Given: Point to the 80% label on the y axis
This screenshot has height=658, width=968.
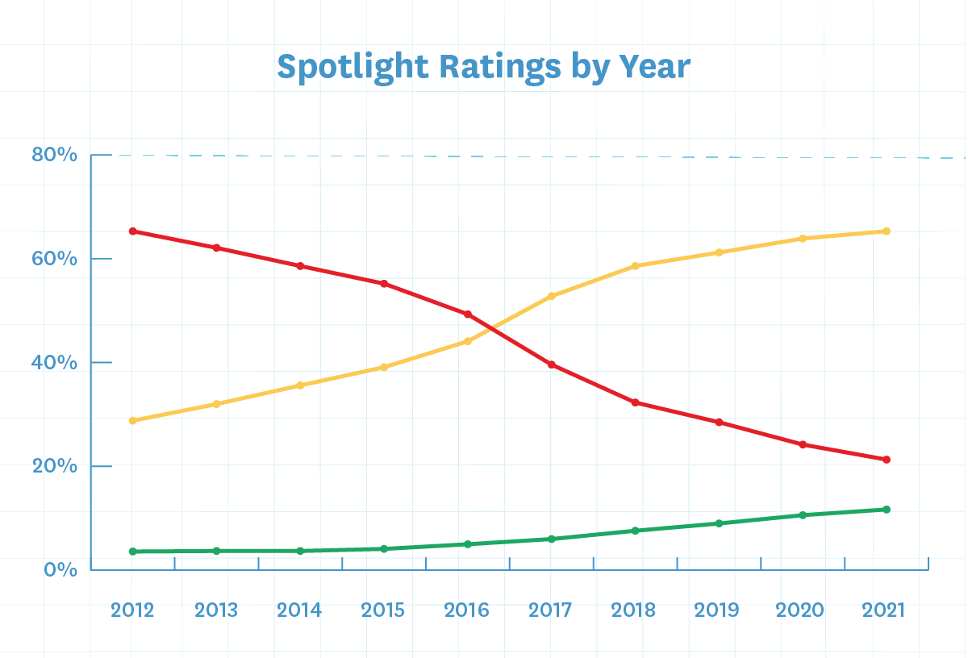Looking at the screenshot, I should [x=55, y=154].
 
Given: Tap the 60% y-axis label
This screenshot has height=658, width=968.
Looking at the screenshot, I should [x=55, y=259].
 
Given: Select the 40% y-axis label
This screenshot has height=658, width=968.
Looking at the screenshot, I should [x=55, y=363].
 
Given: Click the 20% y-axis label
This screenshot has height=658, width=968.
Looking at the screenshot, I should [x=55, y=466].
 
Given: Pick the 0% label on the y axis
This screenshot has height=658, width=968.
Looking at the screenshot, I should [x=61, y=569].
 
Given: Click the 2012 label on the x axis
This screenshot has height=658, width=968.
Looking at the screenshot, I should [x=133, y=610].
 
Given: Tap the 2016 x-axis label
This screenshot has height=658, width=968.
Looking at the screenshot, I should [x=467, y=610].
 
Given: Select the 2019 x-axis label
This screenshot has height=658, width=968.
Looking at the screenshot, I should [x=716, y=610].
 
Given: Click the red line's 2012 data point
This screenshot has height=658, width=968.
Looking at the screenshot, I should [x=133, y=231].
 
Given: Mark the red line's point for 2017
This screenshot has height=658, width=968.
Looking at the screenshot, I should [x=552, y=364].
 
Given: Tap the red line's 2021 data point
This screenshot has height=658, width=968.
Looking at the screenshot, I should [x=886, y=460].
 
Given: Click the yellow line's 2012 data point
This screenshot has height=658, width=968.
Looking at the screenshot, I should [x=133, y=420].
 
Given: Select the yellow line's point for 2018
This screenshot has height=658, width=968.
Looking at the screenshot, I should [x=636, y=265].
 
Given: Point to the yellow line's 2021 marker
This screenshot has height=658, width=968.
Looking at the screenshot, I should [x=886, y=231].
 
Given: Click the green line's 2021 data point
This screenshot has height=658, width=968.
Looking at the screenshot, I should [x=886, y=510].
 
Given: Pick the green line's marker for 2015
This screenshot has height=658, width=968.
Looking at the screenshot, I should [x=384, y=548].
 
